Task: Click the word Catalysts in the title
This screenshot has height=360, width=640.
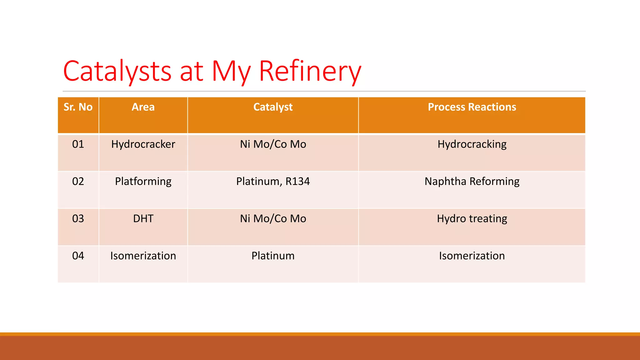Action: [x=117, y=71]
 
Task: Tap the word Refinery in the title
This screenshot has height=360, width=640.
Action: [x=310, y=71]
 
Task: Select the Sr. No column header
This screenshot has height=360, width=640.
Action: [x=78, y=107]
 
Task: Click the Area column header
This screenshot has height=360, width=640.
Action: [x=143, y=107]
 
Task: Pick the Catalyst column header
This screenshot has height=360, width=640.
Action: [x=273, y=107]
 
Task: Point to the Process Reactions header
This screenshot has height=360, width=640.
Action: [x=472, y=107]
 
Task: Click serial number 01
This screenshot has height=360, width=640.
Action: [x=78, y=144]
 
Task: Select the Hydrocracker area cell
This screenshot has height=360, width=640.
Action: [x=143, y=144]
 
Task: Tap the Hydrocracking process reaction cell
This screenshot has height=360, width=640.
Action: [x=472, y=144]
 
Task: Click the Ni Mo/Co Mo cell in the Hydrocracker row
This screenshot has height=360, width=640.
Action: [x=273, y=144]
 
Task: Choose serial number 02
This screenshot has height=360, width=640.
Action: [x=78, y=182]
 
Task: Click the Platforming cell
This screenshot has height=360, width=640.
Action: [x=143, y=182]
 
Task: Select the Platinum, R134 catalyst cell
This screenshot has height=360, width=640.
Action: [x=273, y=182]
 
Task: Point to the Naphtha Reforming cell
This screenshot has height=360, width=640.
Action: [x=472, y=182]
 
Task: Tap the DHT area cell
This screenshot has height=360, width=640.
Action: [x=143, y=219]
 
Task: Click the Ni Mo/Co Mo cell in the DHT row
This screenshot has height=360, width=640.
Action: [x=273, y=219]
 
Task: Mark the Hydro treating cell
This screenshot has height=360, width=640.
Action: [x=472, y=219]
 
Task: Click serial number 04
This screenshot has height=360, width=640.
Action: [x=78, y=256]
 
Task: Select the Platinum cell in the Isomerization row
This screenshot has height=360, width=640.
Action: [x=273, y=256]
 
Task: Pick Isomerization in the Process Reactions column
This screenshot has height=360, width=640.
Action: [x=472, y=256]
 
